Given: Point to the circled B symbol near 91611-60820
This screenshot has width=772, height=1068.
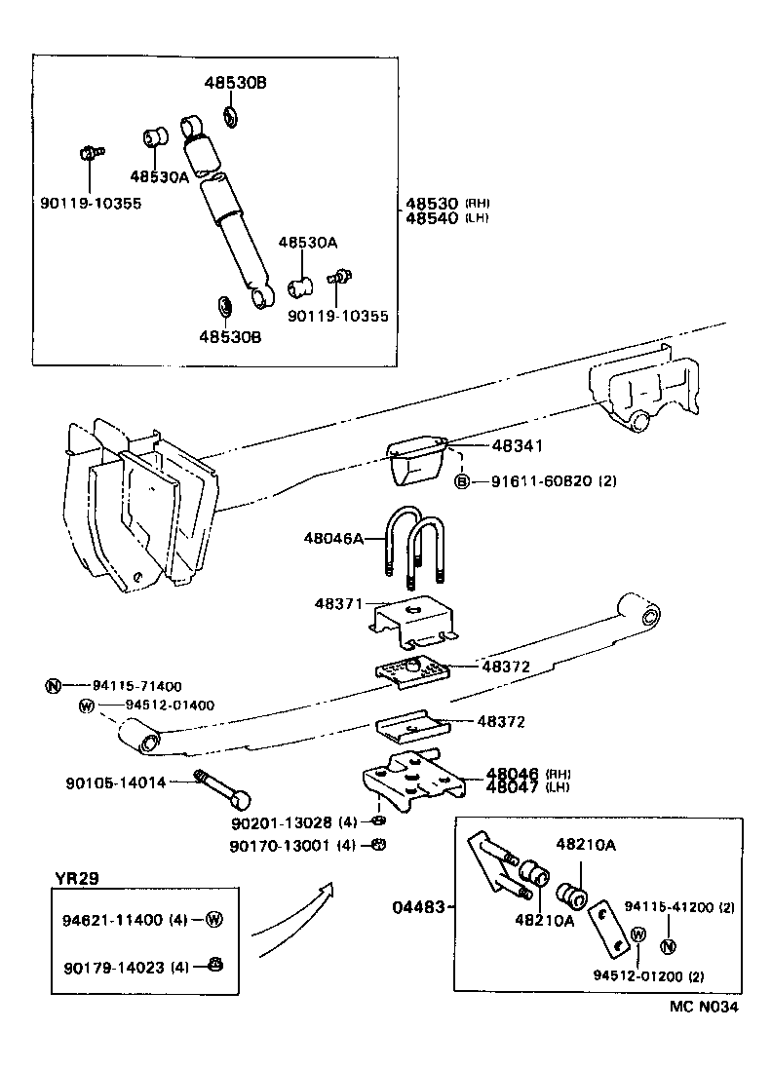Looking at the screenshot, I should pyautogui.click(x=463, y=480).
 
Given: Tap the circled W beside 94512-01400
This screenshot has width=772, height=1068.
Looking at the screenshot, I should pyautogui.click(x=86, y=706).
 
